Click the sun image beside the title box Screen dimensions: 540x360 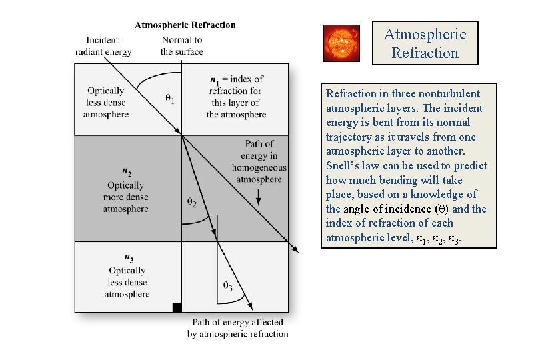pos(341,43)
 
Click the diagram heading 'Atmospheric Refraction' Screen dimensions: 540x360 pos(185,25)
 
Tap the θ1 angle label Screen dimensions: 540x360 pos(170,99)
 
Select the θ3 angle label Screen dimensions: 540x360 pos(228,287)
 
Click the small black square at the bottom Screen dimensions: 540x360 pos(177,307)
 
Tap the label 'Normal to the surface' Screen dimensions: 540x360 pos(181,46)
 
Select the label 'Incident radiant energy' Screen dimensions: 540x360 pos(103,46)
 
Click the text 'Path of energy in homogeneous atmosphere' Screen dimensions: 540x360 pos(259,161)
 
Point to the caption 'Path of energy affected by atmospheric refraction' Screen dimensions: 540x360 pos(238,328)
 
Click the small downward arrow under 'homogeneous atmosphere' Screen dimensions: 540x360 pos(259,195)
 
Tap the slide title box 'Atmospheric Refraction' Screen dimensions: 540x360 pos(425,43)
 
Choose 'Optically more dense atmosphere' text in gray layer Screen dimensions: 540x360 pos(125,197)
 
